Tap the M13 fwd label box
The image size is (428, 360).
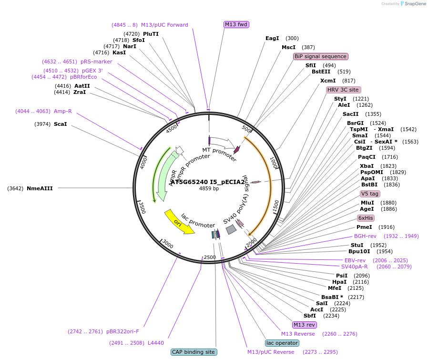[236, 24]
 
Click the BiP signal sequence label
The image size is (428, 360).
[321, 56]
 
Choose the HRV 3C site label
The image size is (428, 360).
[343, 90]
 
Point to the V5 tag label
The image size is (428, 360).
[370, 194]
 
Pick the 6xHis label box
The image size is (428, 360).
[366, 218]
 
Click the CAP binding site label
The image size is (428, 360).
[194, 352]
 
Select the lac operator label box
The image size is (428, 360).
[282, 343]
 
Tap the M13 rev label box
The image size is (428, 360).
[304, 325]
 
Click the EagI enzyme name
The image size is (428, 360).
[272, 38]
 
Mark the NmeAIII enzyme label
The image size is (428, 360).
[43, 188]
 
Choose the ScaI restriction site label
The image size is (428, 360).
[61, 124]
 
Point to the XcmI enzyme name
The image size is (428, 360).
[328, 81]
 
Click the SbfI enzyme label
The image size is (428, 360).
[310, 316]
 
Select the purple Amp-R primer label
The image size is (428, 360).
[63, 111]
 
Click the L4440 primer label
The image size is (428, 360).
[156, 343]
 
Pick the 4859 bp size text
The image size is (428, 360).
[209, 189]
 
